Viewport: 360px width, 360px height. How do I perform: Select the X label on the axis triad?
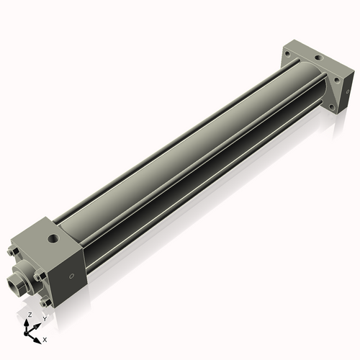coord(45,338)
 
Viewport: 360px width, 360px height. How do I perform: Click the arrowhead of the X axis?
coord(38,336)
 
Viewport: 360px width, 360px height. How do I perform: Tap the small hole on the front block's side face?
coord(71,275)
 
